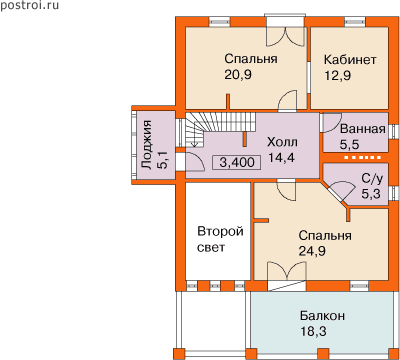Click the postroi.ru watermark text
click(x=29, y=6)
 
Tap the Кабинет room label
click(x=350, y=60)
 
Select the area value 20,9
click(x=238, y=75)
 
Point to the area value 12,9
click(x=338, y=75)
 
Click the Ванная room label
click(x=363, y=129)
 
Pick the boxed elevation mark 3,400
click(x=237, y=162)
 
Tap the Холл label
click(x=282, y=142)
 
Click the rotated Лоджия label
click(x=147, y=145)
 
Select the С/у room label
click(x=372, y=178)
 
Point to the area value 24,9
click(x=312, y=251)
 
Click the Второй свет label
click(x=220, y=239)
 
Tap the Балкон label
click(x=322, y=316)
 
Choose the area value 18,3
click(x=313, y=331)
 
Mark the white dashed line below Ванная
click(x=362, y=157)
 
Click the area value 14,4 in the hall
click(x=282, y=157)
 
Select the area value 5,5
click(x=349, y=145)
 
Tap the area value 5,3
click(x=371, y=194)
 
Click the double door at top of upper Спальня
click(x=285, y=36)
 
